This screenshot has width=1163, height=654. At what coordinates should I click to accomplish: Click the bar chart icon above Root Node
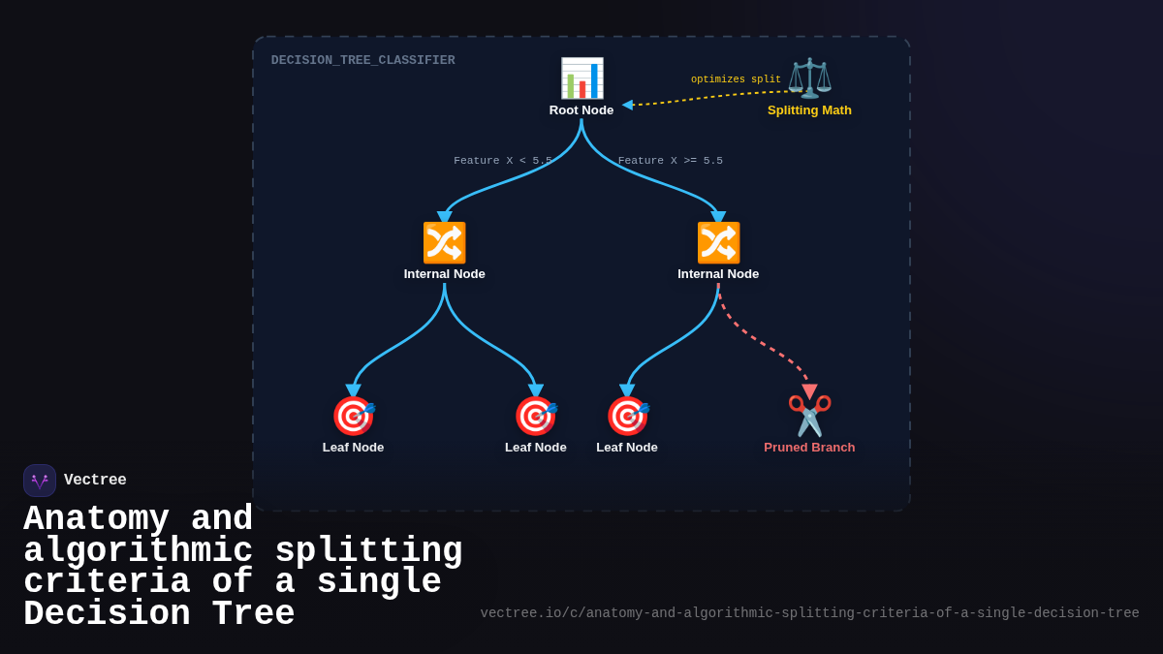581,78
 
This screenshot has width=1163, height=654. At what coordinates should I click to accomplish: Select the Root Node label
581,110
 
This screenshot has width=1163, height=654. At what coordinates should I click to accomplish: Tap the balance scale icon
809,78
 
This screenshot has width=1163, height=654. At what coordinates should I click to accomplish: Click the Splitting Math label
809,110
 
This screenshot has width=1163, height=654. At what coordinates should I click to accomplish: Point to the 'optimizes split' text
736,80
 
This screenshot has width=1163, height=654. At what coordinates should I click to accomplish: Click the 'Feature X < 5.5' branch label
503,161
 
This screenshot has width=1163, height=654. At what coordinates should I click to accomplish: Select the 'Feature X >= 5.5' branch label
671,161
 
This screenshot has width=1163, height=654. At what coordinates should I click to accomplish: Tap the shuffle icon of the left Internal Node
444,243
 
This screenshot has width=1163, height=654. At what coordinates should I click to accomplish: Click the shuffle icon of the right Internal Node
718,243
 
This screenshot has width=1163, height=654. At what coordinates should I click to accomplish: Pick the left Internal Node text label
444,274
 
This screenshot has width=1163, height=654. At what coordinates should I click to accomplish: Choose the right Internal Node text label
718,274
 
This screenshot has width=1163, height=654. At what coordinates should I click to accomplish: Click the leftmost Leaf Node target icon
353,417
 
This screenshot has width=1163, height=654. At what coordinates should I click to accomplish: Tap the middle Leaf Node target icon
535,417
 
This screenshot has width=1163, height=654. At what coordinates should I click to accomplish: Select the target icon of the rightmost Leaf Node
627,417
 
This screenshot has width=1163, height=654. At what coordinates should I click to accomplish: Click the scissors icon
809,417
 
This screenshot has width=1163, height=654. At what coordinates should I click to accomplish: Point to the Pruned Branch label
809,448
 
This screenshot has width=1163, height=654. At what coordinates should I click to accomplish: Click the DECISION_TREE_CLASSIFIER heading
362,61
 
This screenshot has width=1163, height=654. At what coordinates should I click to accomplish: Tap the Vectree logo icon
40,481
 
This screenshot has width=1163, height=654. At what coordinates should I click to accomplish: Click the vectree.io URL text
809,613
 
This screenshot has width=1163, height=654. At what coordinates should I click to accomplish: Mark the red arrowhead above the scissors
809,391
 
